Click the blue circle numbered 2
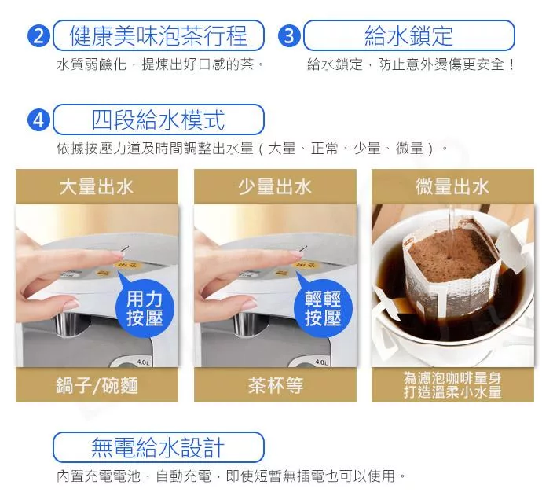38,35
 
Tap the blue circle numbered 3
289,35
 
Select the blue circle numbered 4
38,119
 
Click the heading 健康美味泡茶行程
159,35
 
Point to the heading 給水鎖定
409,35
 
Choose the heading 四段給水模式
159,119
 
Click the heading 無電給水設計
159,447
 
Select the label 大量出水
97,187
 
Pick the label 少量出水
275,187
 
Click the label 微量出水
452,187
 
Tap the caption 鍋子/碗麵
97,385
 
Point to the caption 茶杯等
276,385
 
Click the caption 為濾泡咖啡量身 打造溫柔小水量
452,384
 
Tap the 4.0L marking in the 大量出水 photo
143,362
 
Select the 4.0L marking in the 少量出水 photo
321,362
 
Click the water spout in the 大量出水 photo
63,325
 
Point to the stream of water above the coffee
450,230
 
